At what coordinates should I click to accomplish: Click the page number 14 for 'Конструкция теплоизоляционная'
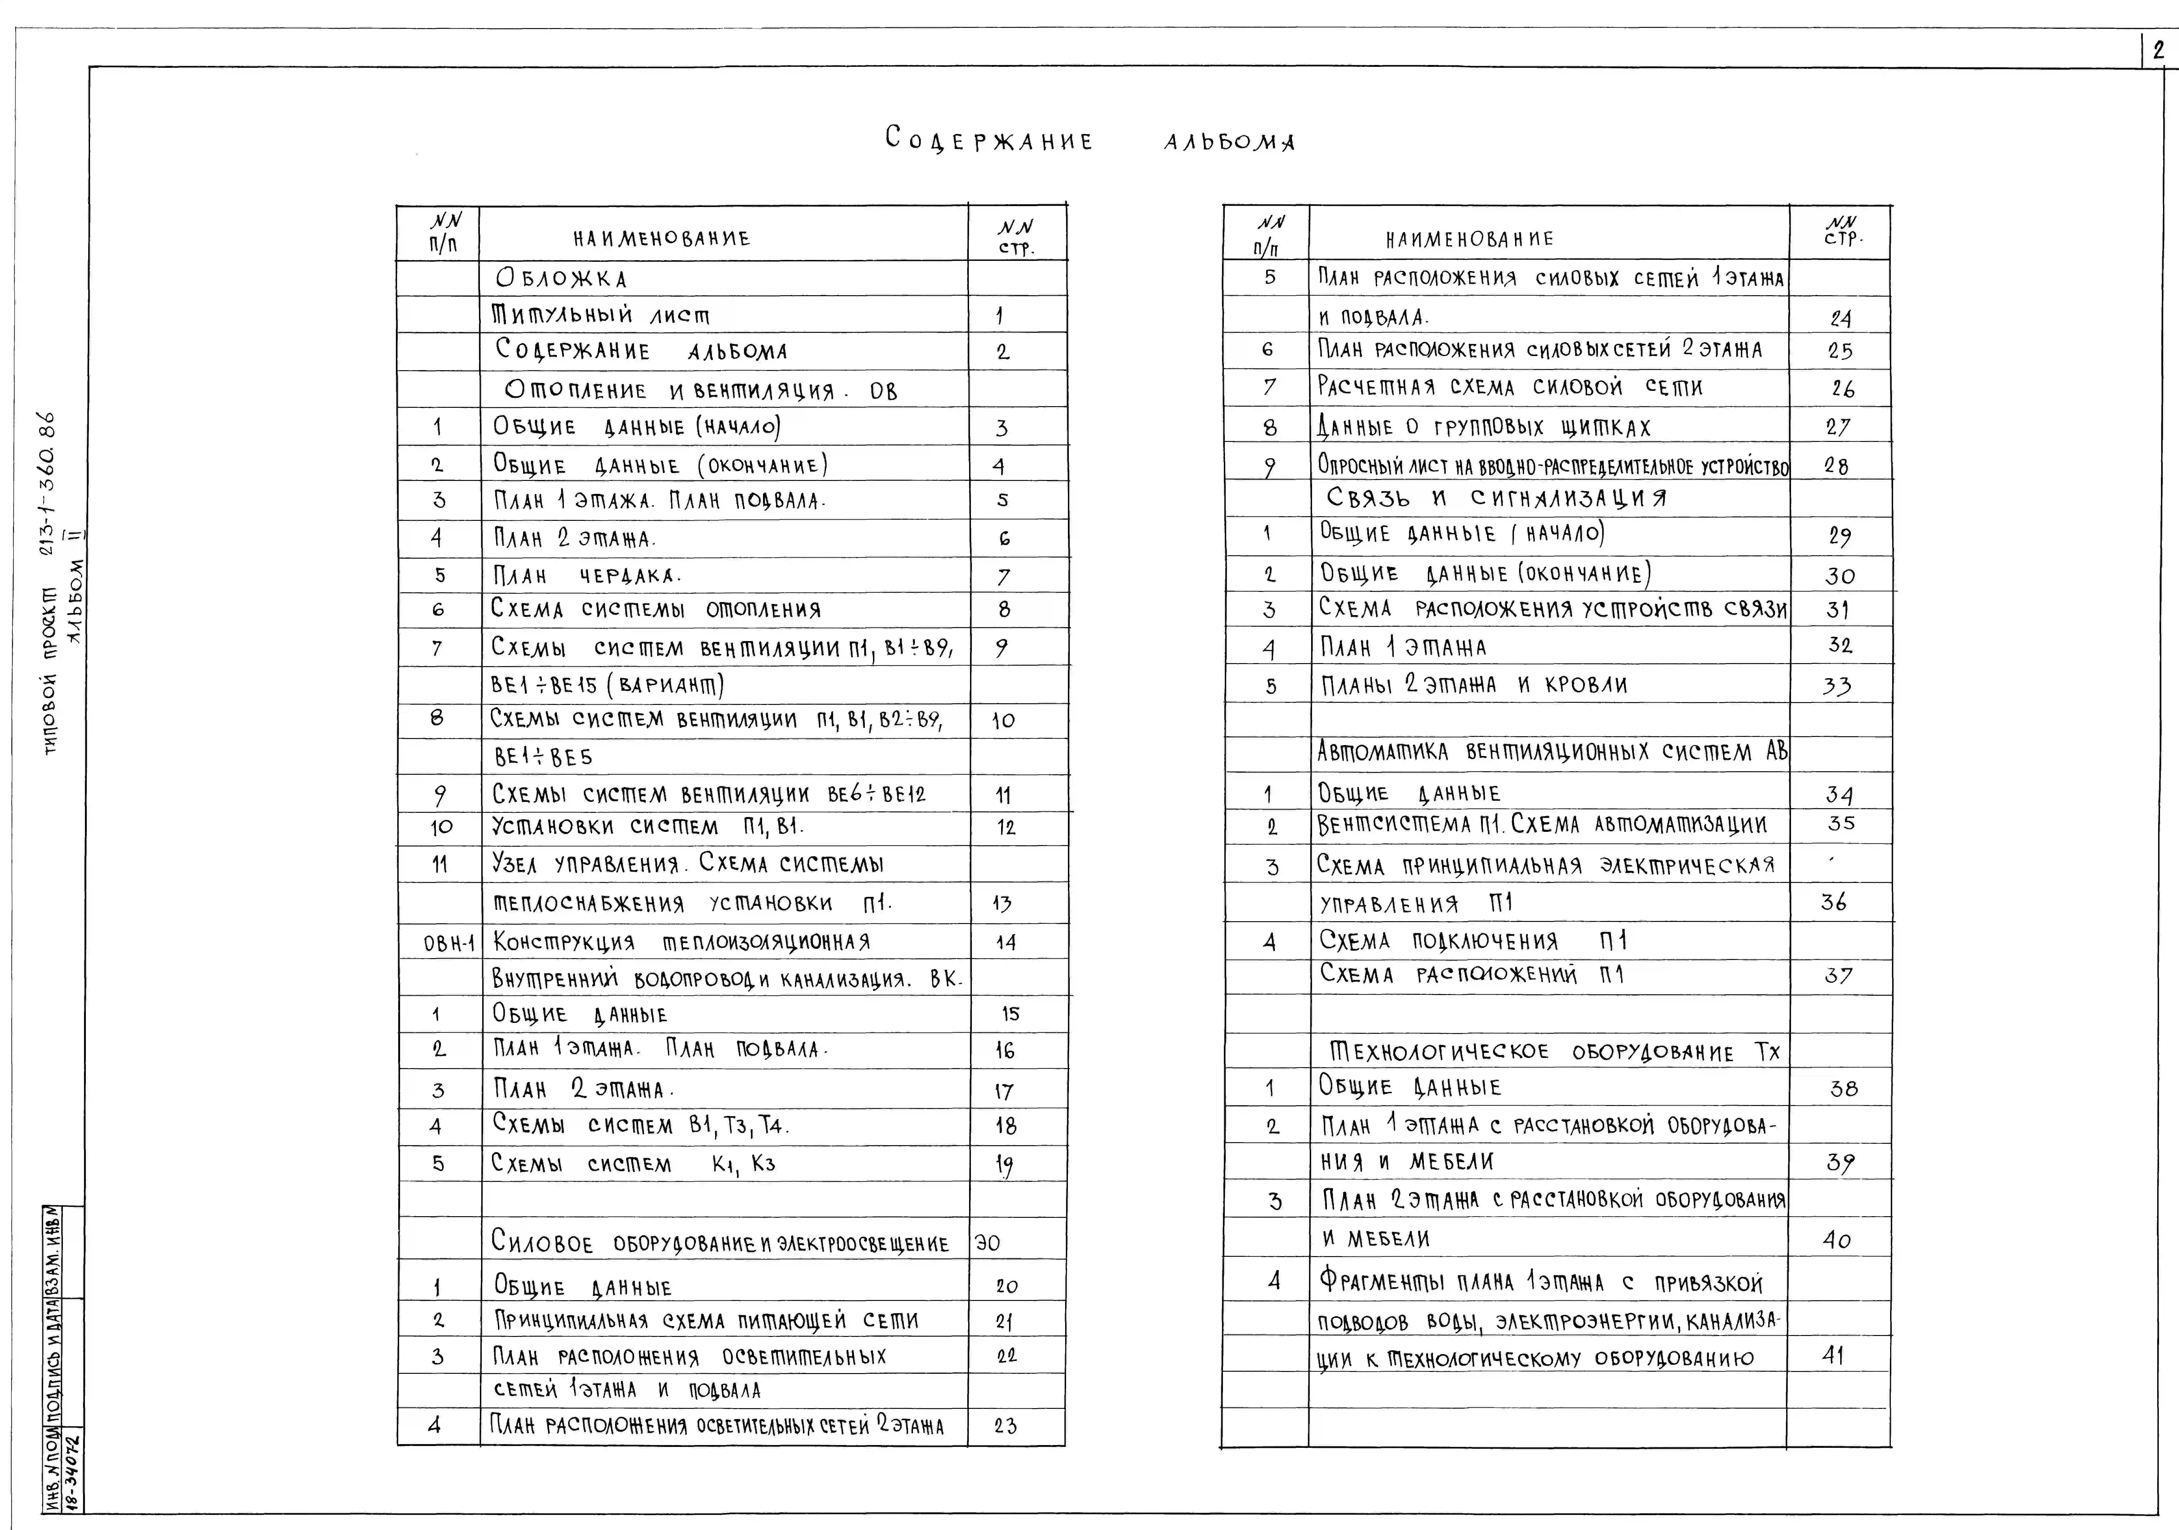pyautogui.click(x=1006, y=943)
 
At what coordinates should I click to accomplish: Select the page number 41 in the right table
pyautogui.click(x=1833, y=1355)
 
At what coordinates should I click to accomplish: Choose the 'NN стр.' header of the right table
pyautogui.click(x=1842, y=231)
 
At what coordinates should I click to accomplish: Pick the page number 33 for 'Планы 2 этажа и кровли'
pyautogui.click(x=1836, y=685)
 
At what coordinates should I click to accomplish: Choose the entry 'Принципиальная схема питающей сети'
pyautogui.click(x=706, y=1320)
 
